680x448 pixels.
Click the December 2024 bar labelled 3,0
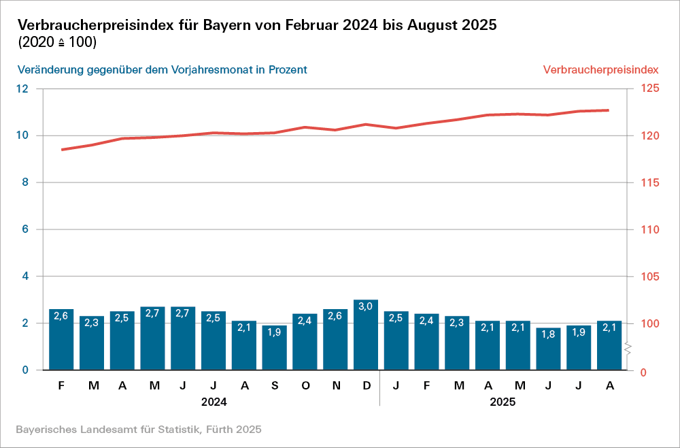(366, 335)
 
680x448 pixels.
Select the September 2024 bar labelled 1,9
(275, 348)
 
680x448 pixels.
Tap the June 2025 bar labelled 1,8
(549, 349)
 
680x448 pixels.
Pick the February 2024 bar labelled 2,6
(61, 340)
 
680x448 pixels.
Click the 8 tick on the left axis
(25, 182)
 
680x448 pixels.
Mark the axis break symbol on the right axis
(629, 349)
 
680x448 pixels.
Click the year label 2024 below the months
(214, 402)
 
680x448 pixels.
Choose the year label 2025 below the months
(503, 402)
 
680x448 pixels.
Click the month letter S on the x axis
(275, 386)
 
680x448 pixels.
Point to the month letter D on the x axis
(367, 386)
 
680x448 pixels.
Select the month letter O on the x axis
(305, 386)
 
